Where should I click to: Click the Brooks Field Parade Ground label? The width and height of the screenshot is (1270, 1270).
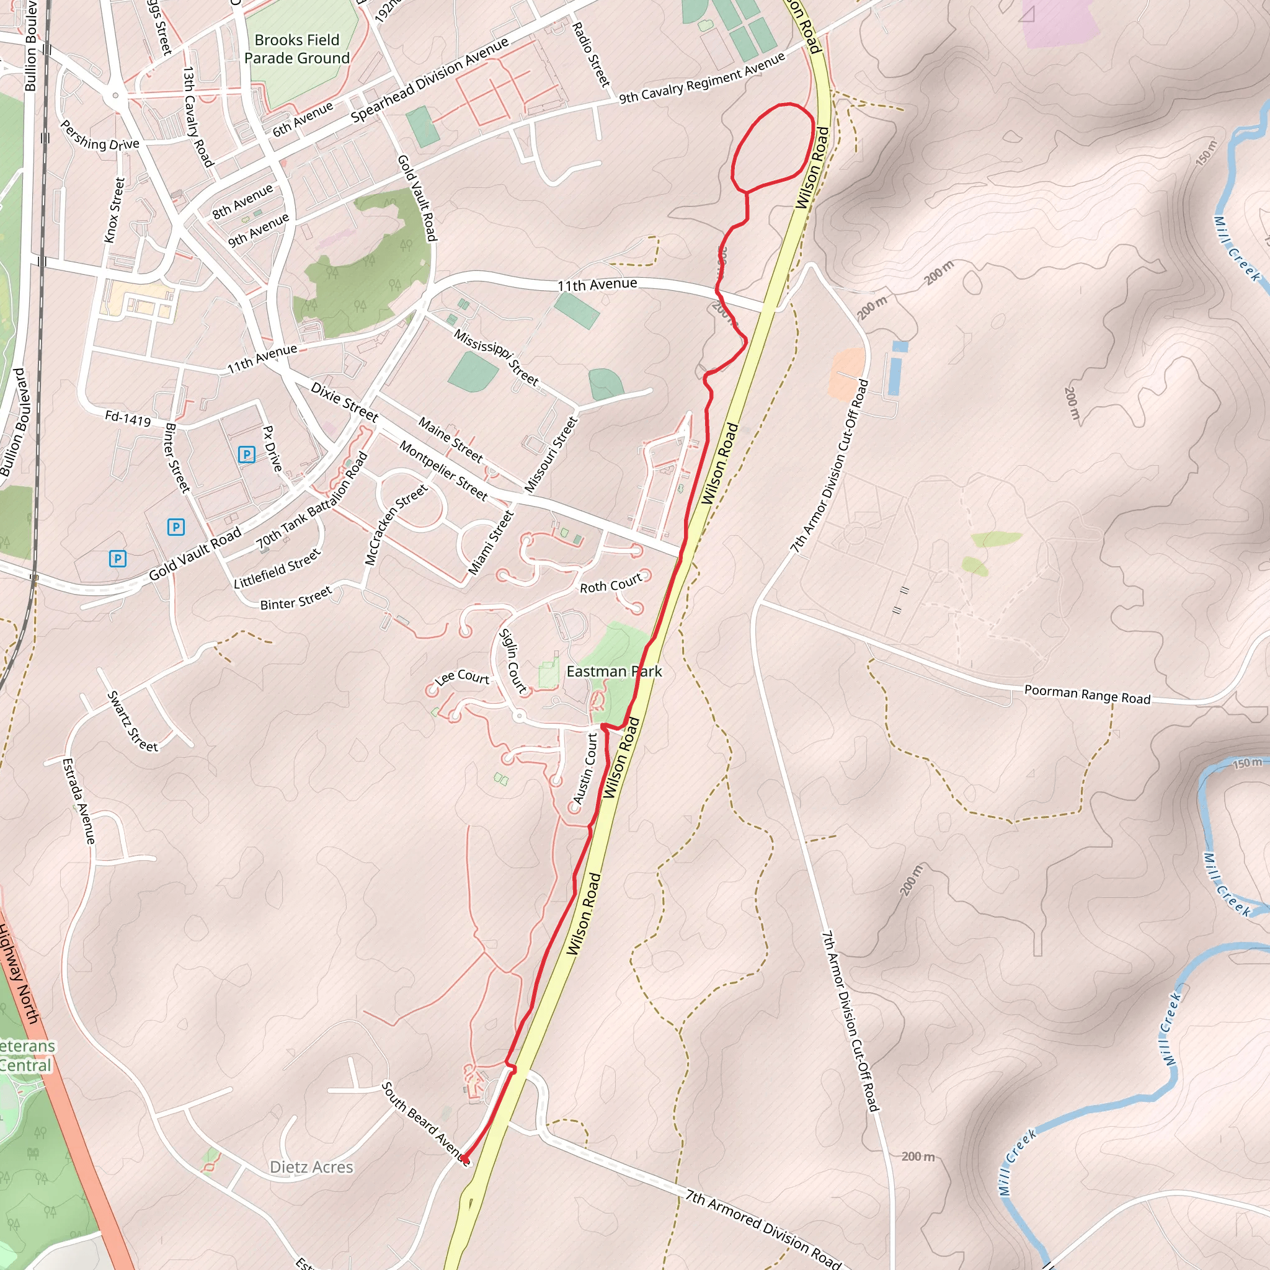click(296, 50)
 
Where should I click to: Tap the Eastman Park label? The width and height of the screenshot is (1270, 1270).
click(614, 671)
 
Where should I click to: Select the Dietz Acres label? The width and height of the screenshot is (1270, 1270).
click(311, 1167)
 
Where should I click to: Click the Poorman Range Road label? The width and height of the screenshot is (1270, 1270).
click(1087, 695)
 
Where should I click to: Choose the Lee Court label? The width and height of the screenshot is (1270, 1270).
click(462, 677)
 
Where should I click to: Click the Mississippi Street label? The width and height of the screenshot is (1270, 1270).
click(496, 358)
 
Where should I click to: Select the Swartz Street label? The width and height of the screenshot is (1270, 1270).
click(133, 721)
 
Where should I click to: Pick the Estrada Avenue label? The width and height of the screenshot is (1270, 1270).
click(79, 801)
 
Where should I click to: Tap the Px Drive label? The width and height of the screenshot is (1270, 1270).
click(272, 448)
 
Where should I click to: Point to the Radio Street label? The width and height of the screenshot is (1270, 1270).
click(591, 55)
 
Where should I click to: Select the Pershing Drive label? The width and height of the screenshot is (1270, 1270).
click(100, 135)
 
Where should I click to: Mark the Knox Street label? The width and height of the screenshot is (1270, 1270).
click(114, 210)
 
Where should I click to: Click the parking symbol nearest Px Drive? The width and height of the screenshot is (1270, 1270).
click(247, 454)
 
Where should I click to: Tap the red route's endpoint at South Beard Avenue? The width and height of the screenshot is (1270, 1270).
click(464, 1158)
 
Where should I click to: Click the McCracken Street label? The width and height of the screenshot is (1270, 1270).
click(396, 524)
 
